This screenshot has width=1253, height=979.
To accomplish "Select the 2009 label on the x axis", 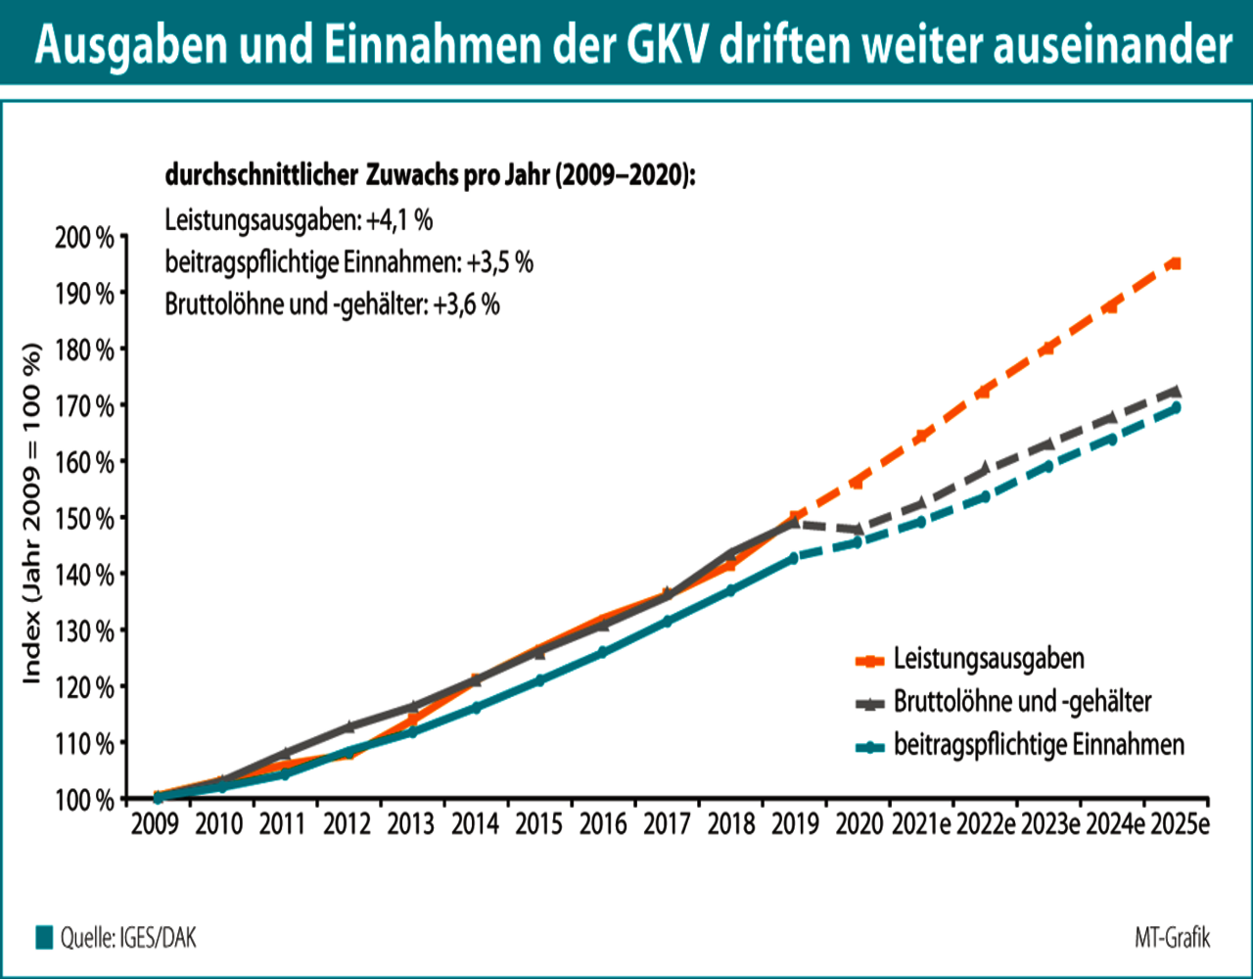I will click(x=155, y=823).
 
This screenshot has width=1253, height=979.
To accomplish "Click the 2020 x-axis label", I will click(x=858, y=823).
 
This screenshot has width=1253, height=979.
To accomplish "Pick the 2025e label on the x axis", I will click(x=1178, y=823).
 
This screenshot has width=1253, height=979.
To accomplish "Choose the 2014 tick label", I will click(x=475, y=823).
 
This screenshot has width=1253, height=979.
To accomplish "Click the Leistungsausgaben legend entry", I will click(x=989, y=659).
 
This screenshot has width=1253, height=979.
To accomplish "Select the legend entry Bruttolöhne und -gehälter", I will click(x=1022, y=701).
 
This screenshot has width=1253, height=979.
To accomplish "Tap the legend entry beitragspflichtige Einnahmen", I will click(x=1039, y=745).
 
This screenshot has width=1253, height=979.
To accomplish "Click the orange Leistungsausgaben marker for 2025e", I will click(x=1176, y=262).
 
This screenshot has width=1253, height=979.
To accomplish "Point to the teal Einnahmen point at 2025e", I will click(x=1176, y=407).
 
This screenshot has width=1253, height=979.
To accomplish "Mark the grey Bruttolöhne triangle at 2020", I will click(x=858, y=529).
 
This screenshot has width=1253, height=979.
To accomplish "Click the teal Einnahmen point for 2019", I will click(x=794, y=558).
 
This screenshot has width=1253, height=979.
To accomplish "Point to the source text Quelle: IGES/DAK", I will click(x=127, y=938).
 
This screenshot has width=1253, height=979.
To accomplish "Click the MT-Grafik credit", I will click(x=1172, y=938).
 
